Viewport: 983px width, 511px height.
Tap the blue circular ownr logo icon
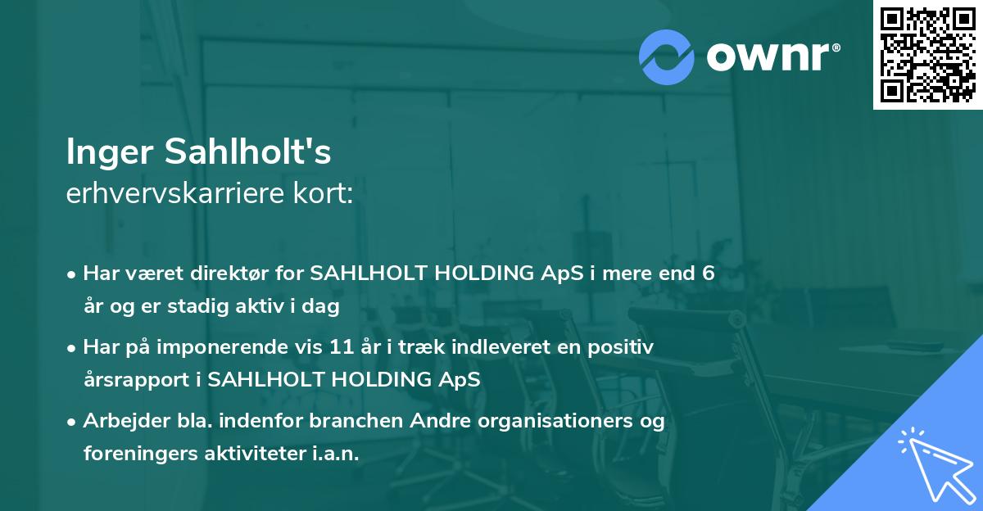coord(667,57)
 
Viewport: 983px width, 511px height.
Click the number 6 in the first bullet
coord(709,274)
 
